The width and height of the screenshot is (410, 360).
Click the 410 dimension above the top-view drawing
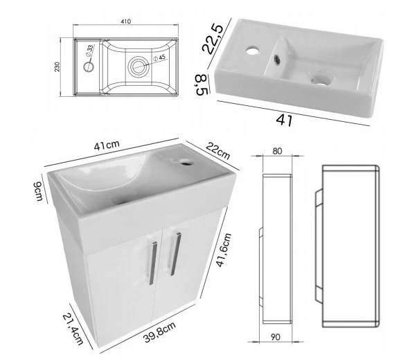point(126,21)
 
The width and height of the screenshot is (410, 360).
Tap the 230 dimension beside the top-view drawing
point(57,67)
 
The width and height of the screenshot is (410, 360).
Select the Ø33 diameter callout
point(89,51)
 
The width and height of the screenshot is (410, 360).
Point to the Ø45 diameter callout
point(159,57)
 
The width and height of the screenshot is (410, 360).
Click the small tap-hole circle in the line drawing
point(89,66)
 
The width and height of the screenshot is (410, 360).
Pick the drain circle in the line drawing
point(138,66)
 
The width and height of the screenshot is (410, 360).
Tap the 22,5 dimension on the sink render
point(213,39)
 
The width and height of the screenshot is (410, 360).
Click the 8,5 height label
point(202,84)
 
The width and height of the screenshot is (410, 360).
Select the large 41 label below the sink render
point(284,120)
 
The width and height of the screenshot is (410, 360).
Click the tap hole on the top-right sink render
point(252,51)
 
